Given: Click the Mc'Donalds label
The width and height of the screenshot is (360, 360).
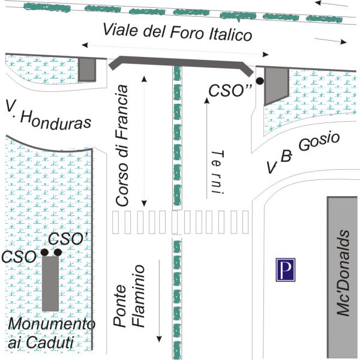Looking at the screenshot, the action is click(343, 271).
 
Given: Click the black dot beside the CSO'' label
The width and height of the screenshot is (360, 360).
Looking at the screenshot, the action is click(260, 80).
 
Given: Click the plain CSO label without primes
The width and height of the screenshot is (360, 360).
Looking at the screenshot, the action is click(19, 256).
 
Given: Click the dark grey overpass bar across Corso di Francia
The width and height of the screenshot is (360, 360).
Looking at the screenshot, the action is click(179, 61).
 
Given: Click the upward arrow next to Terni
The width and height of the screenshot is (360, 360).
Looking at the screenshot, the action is click(206, 144).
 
